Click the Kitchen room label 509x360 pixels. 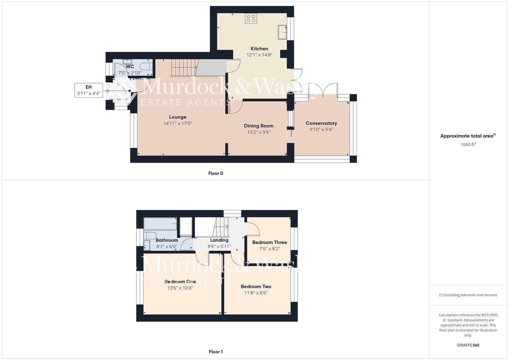click(x=259, y=49)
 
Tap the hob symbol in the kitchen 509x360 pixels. click(x=251, y=18)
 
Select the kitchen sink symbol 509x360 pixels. click(x=282, y=32)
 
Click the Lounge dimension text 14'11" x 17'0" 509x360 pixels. click(x=177, y=123)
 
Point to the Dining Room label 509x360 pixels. click(x=258, y=126)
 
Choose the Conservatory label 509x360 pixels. click(x=321, y=123)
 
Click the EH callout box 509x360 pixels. click(x=88, y=90)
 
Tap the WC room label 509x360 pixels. click(x=130, y=66)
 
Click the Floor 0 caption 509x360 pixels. click(x=215, y=173)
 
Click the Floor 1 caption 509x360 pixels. click(x=215, y=352)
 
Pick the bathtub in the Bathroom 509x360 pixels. click(x=160, y=224)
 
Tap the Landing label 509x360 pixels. click(x=219, y=240)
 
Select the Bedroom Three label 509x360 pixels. click(x=269, y=242)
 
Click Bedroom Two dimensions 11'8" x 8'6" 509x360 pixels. click(x=256, y=293)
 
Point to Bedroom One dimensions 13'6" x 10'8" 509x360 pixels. click(x=180, y=288)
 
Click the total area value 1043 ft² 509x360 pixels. click(x=468, y=145)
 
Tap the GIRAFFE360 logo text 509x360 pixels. click(x=468, y=345)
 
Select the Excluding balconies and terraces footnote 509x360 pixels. click(x=468, y=295)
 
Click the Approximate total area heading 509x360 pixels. click(x=468, y=136)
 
